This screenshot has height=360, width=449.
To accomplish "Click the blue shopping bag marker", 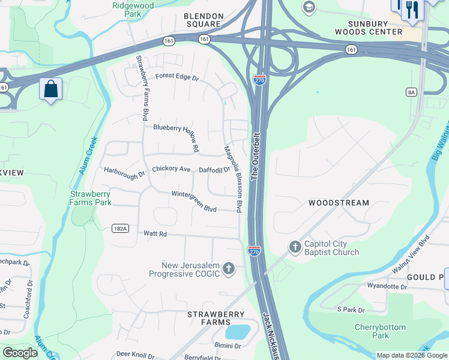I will point(51,89).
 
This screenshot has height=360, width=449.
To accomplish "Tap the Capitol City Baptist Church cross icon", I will point(294,247).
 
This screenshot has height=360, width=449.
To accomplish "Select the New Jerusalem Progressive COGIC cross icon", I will point(228,268).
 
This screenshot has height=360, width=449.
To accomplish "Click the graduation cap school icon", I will point(309,7).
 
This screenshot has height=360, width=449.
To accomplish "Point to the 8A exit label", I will point(411,92).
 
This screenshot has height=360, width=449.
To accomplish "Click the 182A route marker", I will point(119,228).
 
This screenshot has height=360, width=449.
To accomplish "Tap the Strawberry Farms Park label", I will point(91,198).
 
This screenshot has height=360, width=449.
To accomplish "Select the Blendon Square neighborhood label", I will point(204,20).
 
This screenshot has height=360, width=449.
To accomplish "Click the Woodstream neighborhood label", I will point(339,203).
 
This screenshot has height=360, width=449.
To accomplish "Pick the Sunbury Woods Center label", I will point(375,27).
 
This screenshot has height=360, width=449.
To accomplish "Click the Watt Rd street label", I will point(154,233).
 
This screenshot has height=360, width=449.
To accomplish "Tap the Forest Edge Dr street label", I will point(176,77).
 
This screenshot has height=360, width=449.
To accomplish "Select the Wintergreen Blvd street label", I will point(193,202).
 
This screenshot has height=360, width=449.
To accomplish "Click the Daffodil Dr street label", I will point(214,170).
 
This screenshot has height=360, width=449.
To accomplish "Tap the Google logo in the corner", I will point(20,353).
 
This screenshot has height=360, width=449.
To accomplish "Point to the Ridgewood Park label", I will point(133,8).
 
